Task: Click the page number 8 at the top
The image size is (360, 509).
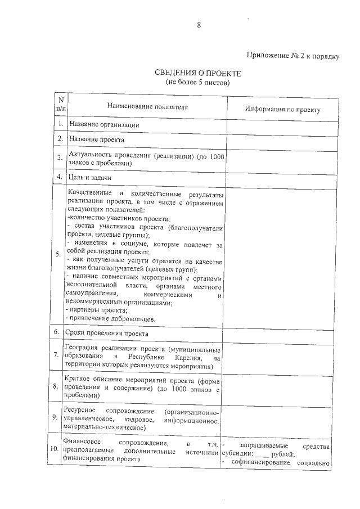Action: coord(199,25)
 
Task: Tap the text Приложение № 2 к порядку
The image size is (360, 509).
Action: coord(292,56)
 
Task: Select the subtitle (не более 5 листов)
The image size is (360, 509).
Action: coord(197,82)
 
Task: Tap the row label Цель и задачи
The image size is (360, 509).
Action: coord(90,177)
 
